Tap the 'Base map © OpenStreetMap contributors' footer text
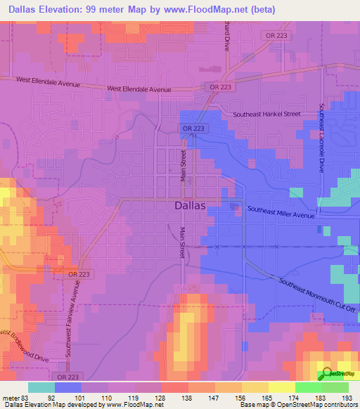[x=296, y=405]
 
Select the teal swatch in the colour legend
[x=41, y=387]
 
